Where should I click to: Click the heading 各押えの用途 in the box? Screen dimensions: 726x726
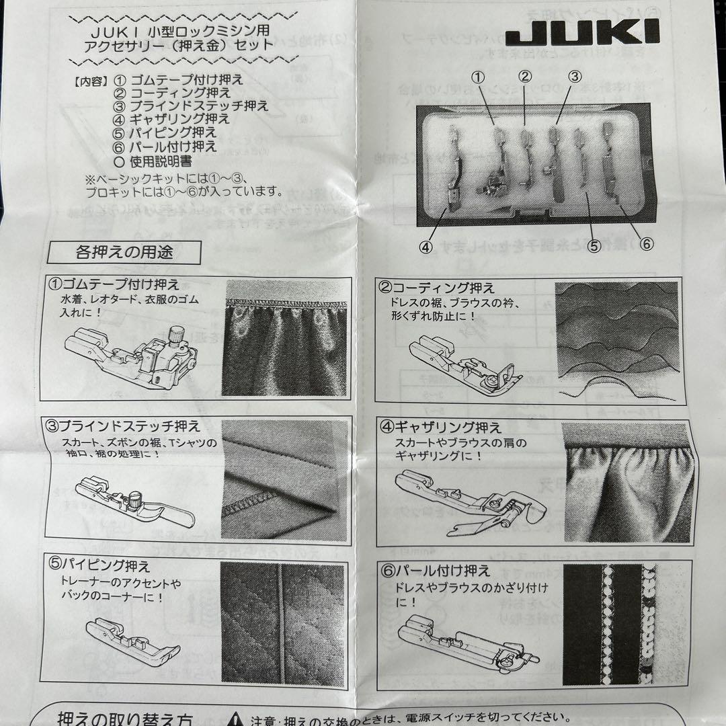(x=124, y=253)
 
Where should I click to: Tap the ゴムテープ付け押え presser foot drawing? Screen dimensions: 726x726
(x=131, y=355)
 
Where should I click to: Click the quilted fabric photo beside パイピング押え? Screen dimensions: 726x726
(x=283, y=622)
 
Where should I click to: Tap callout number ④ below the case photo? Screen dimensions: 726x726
(x=426, y=246)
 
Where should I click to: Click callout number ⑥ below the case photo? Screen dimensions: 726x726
(x=646, y=245)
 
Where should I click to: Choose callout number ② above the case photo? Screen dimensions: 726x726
(x=526, y=77)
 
